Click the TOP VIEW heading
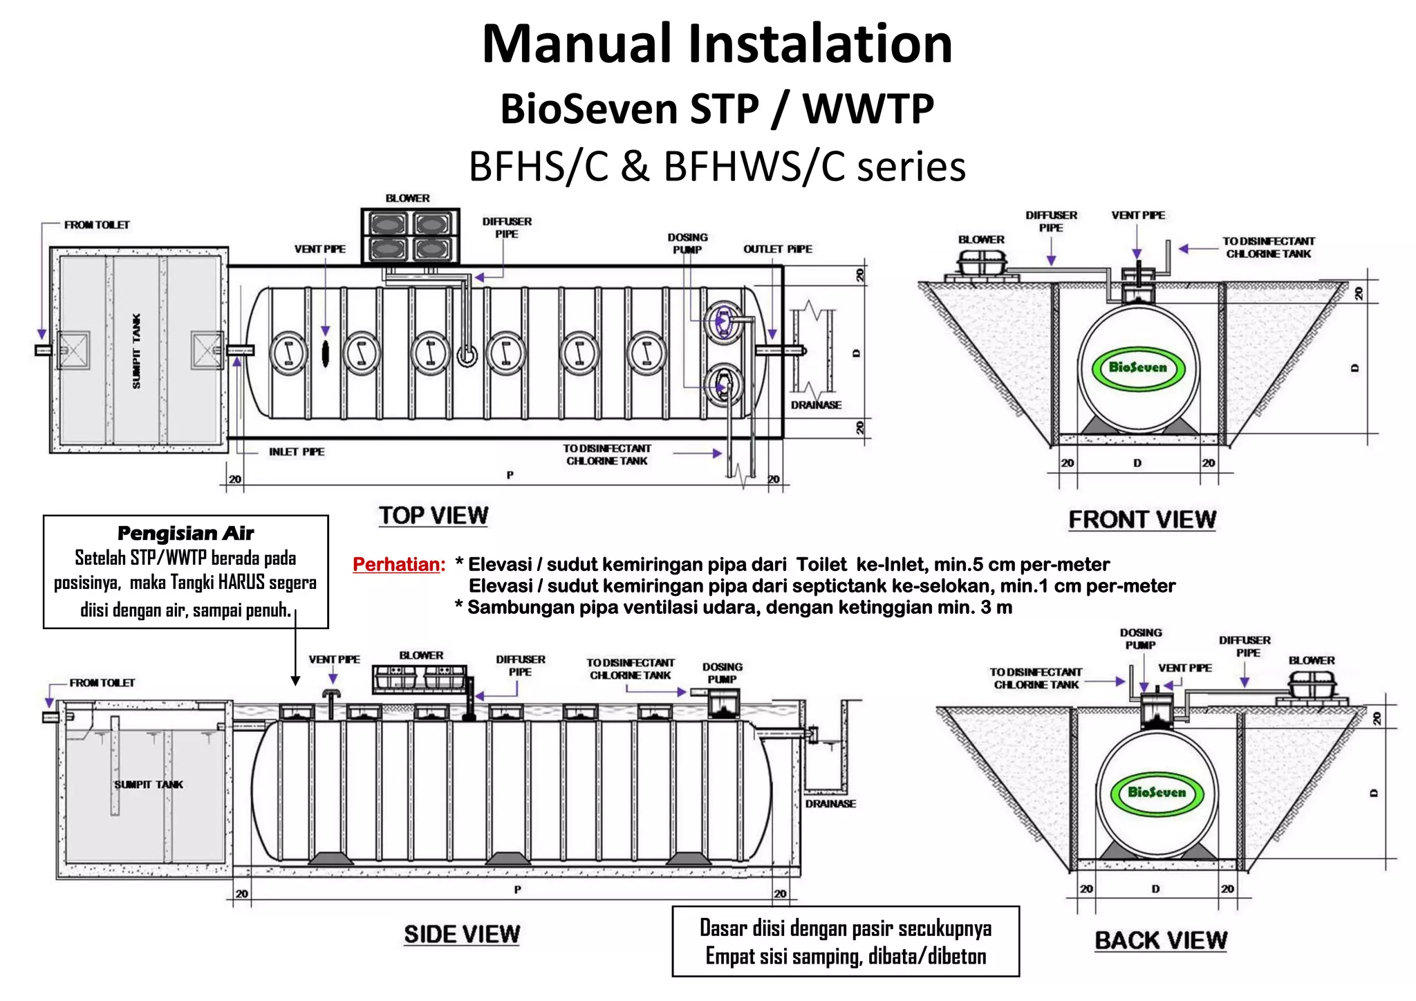tap(434, 516)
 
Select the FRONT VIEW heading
tap(1142, 519)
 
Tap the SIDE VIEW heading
tap(461, 934)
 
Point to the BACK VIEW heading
tap(1161, 940)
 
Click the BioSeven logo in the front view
tap(1137, 367)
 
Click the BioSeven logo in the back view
tap(1156, 792)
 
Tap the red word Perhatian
tap(398, 565)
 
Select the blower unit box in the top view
tap(410, 236)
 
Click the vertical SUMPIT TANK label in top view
tap(137, 350)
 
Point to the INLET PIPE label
tap(297, 451)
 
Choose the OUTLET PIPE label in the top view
tap(777, 249)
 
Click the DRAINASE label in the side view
tap(830, 804)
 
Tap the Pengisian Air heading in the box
tap(185, 533)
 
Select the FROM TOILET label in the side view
tap(102, 683)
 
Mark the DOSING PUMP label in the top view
tap(687, 243)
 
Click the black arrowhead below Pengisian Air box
tap(295, 681)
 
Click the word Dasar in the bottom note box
tap(723, 928)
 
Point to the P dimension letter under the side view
tap(517, 890)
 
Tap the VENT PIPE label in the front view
tap(1137, 216)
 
